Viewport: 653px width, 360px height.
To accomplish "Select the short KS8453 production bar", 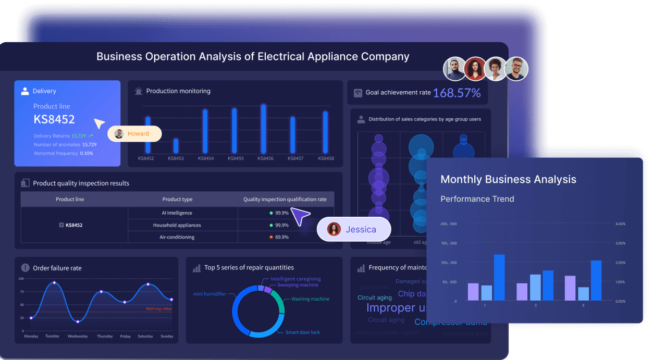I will [176, 146].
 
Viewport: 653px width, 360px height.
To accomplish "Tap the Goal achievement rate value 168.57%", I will [457, 93].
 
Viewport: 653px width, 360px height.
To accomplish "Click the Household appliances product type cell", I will [177, 225].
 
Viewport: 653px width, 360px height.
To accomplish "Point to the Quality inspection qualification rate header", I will [285, 200].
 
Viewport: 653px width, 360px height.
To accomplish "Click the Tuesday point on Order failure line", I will [54, 283].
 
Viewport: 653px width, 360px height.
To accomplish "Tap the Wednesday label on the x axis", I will [78, 337].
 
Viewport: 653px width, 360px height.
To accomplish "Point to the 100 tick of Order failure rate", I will [21, 279].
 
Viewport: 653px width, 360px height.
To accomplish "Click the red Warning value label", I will [159, 309].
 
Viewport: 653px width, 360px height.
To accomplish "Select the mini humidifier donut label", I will [210, 294].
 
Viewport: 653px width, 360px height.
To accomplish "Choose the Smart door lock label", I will [302, 332].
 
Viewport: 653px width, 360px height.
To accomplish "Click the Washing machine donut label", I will [310, 299].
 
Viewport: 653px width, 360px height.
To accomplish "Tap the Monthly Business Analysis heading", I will [508, 179].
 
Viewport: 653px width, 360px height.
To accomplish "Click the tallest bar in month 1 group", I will [499, 277].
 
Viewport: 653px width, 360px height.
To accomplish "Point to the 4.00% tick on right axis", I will [620, 224].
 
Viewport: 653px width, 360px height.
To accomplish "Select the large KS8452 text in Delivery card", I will [54, 119].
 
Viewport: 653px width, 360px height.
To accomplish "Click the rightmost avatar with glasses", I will [516, 69].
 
